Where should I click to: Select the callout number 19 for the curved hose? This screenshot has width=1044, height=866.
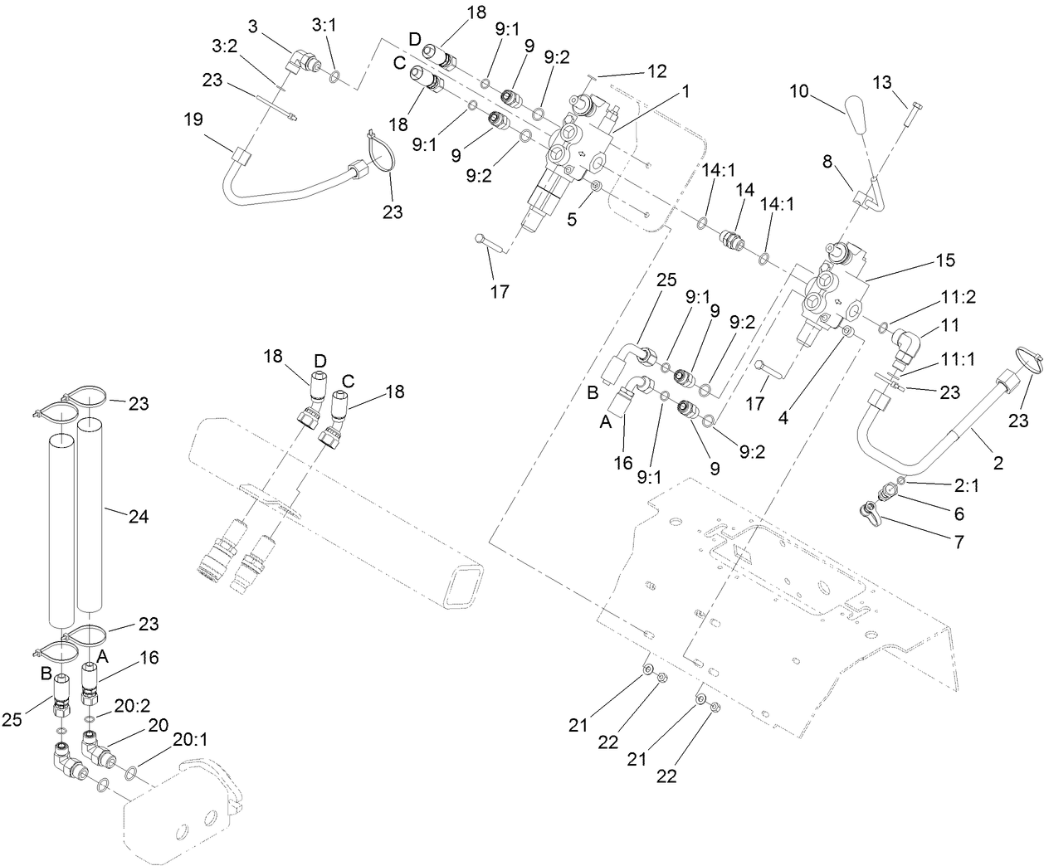pyautogui.click(x=193, y=120)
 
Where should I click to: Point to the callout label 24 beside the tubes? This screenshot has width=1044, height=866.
pyautogui.click(x=138, y=515)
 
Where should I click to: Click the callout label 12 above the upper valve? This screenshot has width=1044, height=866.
pyautogui.click(x=657, y=72)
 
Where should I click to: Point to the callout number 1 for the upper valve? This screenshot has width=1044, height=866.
pyautogui.click(x=686, y=92)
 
